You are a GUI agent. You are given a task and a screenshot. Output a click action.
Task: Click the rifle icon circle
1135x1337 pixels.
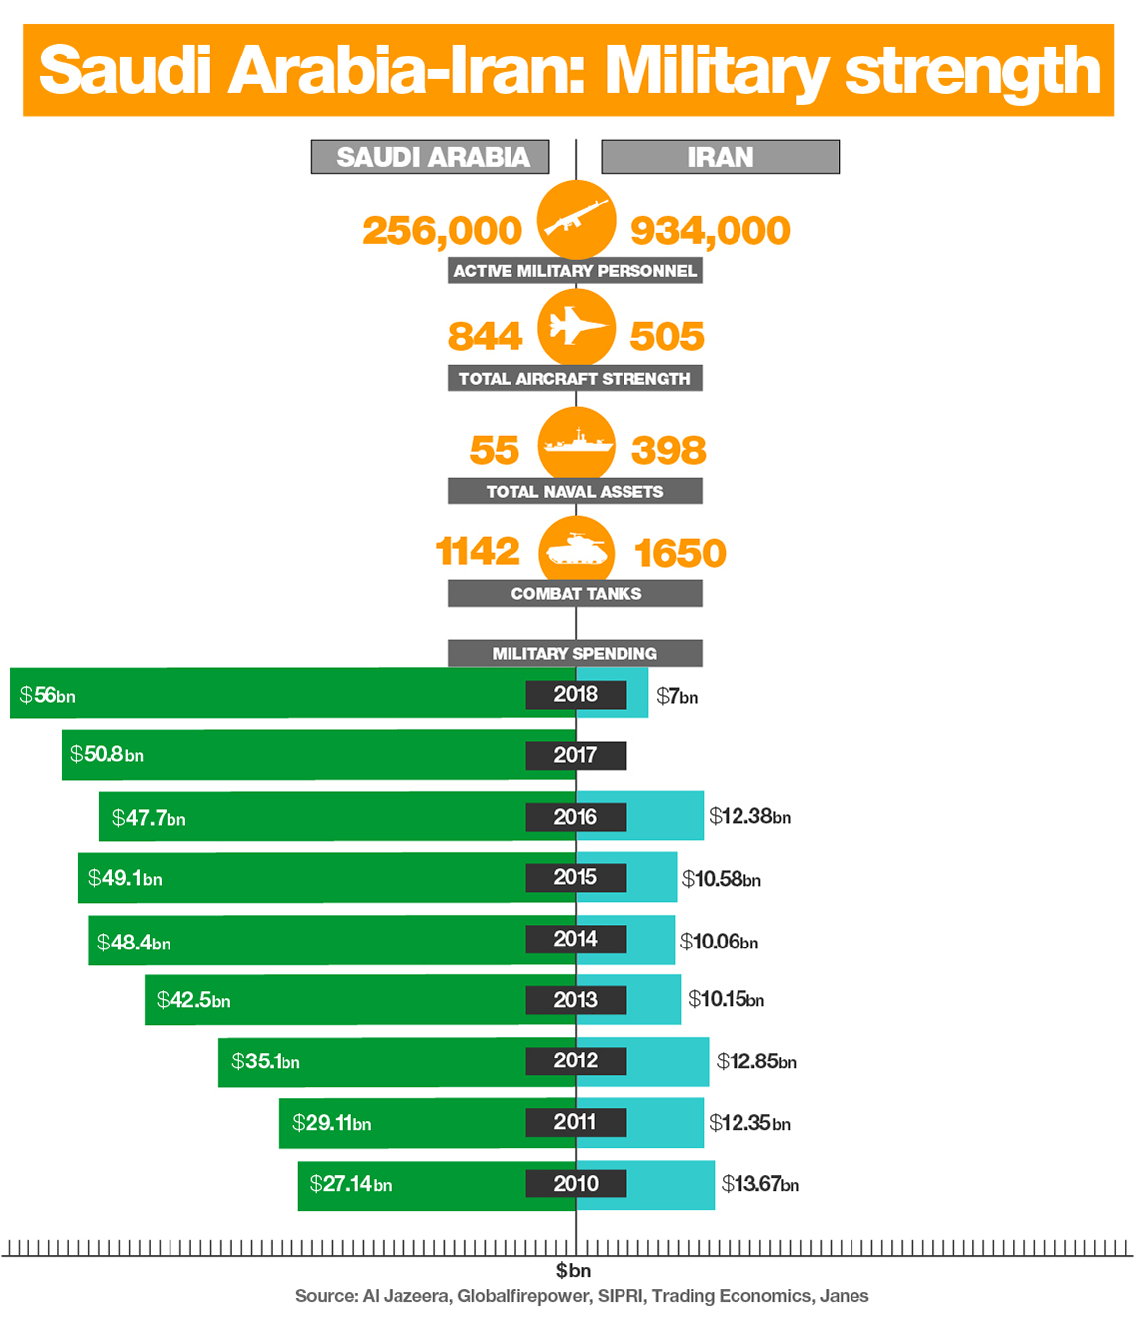coord(576,219)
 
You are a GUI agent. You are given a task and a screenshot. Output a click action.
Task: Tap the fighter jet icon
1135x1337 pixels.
coord(576,327)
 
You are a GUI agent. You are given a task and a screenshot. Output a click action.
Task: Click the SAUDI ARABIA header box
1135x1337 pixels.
coord(429,157)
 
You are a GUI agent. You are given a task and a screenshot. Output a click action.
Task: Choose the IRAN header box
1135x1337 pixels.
coord(721,157)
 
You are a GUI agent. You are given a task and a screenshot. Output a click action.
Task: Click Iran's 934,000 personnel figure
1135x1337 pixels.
coord(711,231)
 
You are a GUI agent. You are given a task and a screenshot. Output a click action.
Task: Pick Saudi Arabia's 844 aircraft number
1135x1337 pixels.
coord(486,336)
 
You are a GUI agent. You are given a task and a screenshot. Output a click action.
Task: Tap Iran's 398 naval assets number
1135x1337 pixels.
coord(669,450)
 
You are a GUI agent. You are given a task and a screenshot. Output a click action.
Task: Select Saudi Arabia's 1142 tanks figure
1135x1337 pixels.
coord(478,551)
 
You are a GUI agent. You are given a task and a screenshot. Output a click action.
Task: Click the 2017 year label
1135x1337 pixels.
coord(576,755)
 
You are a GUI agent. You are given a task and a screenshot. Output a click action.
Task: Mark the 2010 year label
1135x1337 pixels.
coord(576,1183)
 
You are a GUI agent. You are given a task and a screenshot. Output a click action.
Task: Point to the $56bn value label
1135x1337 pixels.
coord(48,696)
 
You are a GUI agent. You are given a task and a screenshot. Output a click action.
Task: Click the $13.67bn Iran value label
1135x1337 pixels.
coord(760,1184)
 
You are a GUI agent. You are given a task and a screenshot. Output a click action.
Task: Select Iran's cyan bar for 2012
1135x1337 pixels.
coord(642,1061)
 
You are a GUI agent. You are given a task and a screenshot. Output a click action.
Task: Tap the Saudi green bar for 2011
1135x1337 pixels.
coord(427,1123)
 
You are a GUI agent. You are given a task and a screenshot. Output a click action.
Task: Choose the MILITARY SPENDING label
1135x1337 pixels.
coord(575,653)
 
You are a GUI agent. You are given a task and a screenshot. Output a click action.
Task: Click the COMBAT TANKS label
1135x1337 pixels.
coord(575,593)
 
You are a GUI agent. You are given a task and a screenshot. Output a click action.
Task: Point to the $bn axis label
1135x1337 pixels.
coord(573,1271)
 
